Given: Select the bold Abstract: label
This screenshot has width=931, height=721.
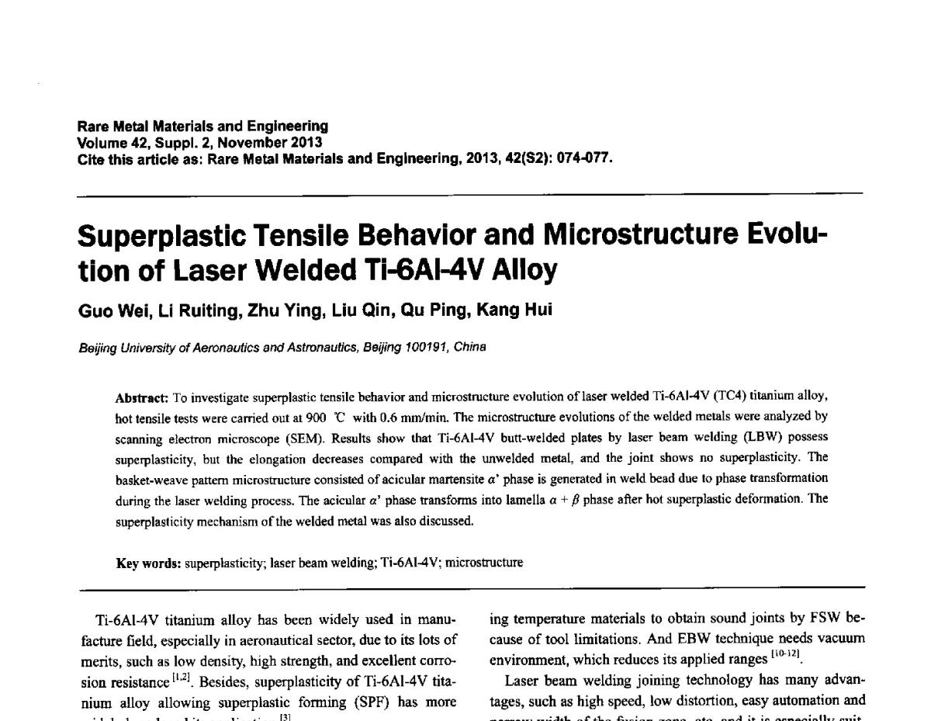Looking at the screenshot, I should coord(142,397).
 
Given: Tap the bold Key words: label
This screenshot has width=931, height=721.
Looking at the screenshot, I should coord(148,563).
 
